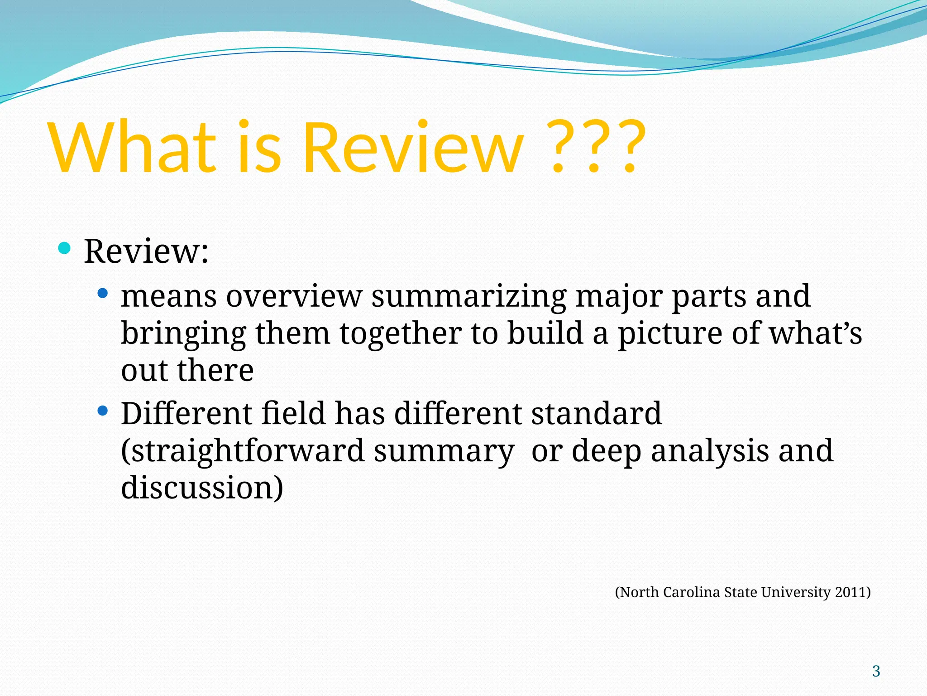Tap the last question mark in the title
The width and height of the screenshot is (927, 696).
pos(630,147)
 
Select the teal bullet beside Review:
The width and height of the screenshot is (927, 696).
pos(65,248)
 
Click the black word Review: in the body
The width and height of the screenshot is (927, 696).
pos(146,251)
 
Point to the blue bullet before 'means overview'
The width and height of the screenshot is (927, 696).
pos(103,294)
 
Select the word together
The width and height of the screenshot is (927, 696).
pos(400,333)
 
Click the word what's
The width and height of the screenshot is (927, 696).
pos(815,333)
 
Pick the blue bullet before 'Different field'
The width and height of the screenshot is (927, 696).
pos(103,411)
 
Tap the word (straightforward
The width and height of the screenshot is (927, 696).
pos(243,451)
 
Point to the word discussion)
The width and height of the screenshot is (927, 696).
pos(202,488)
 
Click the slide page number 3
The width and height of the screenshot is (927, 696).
pos(876,671)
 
